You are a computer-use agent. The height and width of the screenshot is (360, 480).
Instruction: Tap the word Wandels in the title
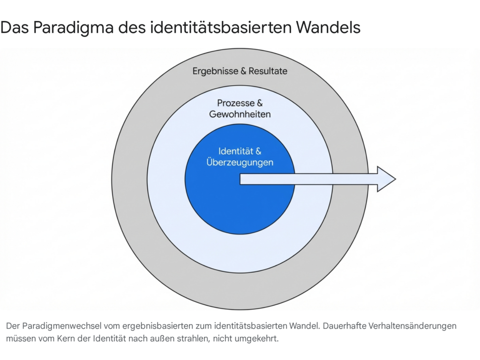click(x=328, y=28)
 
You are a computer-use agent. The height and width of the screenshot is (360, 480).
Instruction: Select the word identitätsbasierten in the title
click(x=220, y=28)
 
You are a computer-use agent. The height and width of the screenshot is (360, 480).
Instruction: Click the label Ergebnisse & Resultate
click(x=240, y=71)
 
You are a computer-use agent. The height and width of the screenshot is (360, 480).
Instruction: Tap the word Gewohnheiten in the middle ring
click(x=240, y=114)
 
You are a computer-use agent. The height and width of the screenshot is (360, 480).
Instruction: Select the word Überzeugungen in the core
click(x=240, y=163)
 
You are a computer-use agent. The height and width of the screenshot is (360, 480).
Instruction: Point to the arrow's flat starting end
click(x=241, y=179)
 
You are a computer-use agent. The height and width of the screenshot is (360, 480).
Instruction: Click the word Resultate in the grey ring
click(x=268, y=71)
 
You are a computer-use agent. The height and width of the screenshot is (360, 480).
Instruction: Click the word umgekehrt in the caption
click(x=260, y=338)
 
